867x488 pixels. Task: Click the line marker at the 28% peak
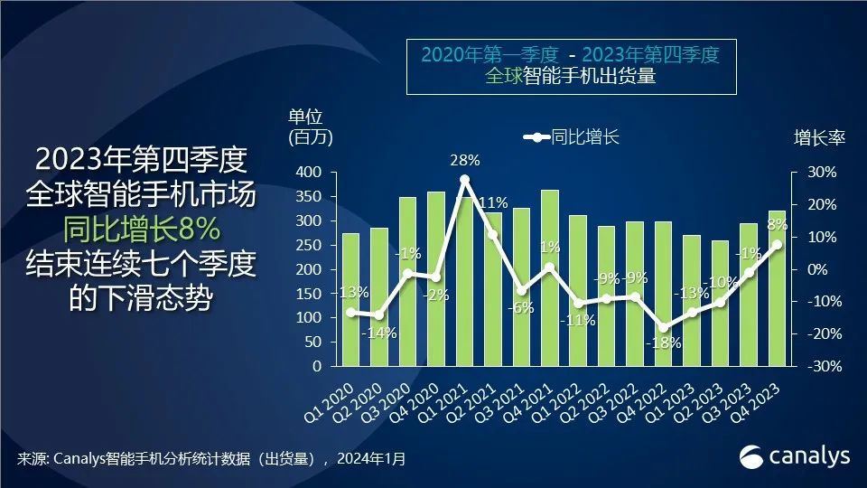coord(464,180)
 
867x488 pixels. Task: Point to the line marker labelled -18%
coord(664,328)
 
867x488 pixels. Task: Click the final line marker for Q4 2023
coord(777,244)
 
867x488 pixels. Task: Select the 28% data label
coord(464,161)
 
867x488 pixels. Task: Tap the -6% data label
coord(521,307)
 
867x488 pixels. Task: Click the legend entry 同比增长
coord(573,137)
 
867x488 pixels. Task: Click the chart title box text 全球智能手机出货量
coord(569,77)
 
